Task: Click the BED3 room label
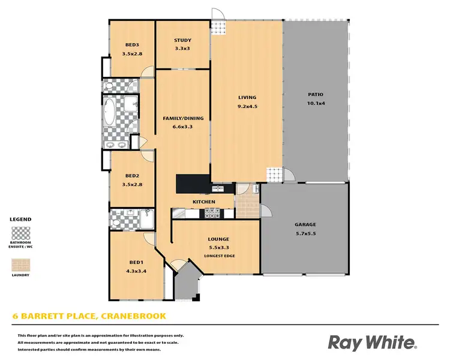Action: pos(132,45)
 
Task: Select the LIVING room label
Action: pos(247,97)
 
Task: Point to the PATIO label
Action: pos(315,95)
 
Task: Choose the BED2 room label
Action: pos(132,176)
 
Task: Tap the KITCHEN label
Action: pos(203,202)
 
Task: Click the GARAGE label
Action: pos(305,225)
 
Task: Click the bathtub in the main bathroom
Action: pos(110,113)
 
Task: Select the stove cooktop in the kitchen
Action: pos(212,212)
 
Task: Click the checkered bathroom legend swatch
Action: pos(22,233)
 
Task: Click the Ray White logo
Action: pos(372,343)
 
